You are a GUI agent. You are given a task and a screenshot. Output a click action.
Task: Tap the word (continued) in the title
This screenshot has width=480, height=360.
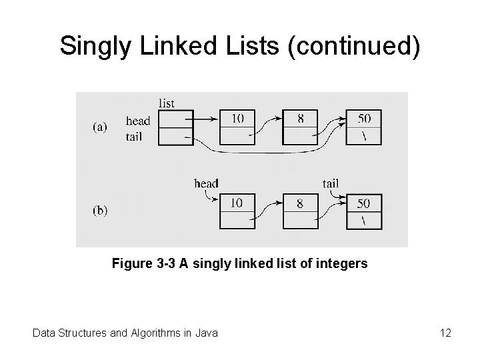click(x=355, y=46)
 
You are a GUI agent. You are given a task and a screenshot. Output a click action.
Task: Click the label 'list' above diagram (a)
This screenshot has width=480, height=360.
click(x=167, y=103)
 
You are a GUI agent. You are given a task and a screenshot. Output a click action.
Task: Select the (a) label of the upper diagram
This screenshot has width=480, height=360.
click(x=100, y=127)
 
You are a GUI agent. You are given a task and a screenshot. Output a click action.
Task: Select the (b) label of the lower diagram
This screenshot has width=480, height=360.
click(x=100, y=210)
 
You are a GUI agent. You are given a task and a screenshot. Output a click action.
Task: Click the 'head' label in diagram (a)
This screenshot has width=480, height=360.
click(x=138, y=121)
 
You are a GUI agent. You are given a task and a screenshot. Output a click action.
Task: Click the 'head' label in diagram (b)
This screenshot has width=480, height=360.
click(x=206, y=183)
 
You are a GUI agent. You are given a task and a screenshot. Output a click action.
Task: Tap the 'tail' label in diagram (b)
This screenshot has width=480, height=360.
click(x=329, y=183)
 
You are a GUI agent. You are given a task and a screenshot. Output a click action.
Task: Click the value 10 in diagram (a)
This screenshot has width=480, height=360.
click(x=238, y=119)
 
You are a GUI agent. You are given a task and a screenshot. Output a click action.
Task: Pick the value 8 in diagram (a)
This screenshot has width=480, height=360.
click(x=301, y=119)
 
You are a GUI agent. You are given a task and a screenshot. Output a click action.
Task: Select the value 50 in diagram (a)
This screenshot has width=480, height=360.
click(x=363, y=119)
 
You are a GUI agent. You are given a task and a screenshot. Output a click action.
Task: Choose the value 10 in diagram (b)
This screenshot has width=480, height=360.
click(x=238, y=203)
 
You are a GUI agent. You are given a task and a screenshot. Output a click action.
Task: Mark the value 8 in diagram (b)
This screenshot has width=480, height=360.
click(x=300, y=203)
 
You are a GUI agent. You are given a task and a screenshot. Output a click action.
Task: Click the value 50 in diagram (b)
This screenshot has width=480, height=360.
click(x=363, y=203)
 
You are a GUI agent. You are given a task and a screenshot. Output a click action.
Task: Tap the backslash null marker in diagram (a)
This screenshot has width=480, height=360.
click(x=363, y=136)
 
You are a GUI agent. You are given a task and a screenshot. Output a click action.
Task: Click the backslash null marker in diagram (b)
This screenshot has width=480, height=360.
click(x=363, y=220)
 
